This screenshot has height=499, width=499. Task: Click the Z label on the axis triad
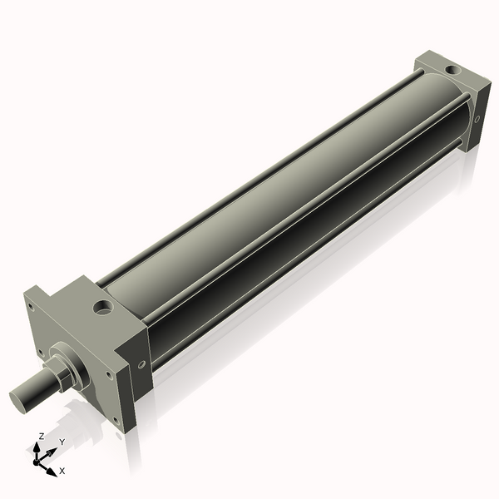(42, 436)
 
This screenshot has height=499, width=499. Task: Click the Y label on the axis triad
(62, 442)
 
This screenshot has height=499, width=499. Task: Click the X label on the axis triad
(62, 471)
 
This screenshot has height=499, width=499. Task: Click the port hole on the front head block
(103, 308)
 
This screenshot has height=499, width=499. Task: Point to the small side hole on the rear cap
(477, 118)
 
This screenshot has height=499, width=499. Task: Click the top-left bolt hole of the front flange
(32, 307)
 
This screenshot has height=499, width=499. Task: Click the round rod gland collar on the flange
(77, 365)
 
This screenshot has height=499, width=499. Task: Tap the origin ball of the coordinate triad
(38, 459)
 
